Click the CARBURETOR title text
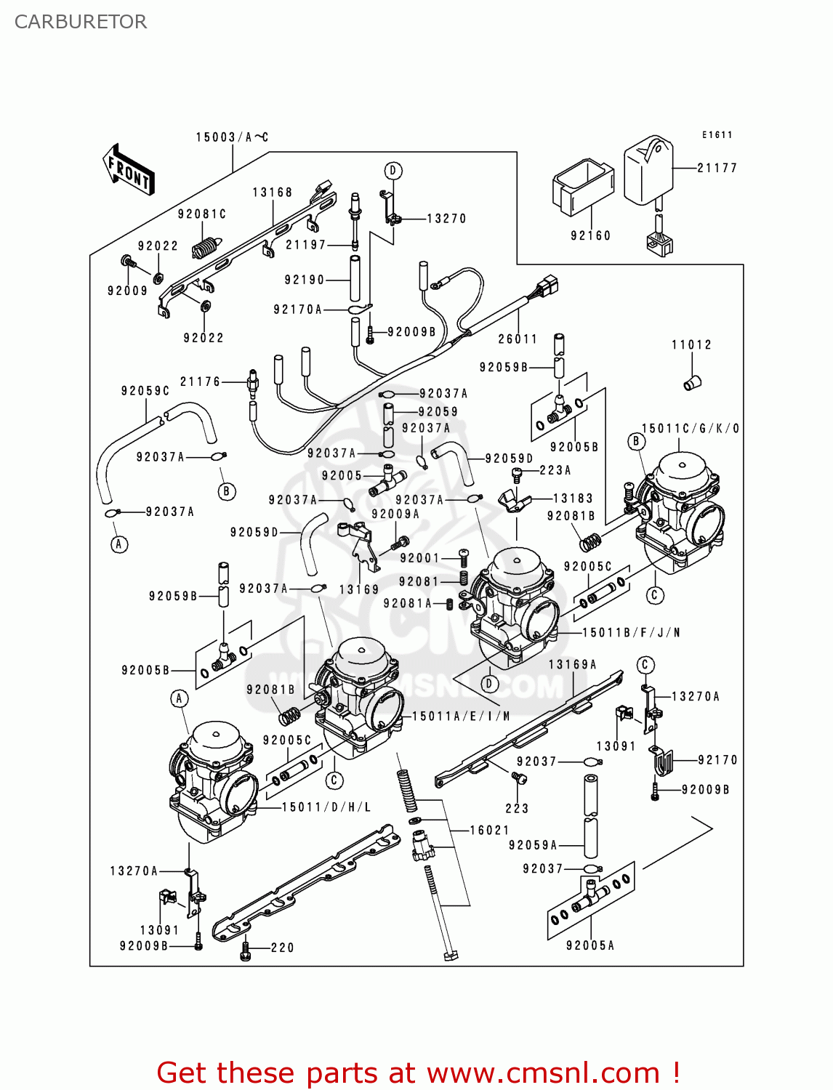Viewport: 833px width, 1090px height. coord(81,22)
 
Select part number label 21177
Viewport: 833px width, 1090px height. coord(717,168)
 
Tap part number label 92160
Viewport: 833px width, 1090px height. coord(590,235)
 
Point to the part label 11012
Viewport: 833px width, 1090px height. coord(691,344)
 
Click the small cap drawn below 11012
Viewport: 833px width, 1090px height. coord(692,382)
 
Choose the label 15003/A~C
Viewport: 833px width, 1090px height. coord(232,137)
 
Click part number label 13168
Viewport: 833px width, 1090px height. coord(273,193)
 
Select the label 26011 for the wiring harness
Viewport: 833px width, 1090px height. coord(518,339)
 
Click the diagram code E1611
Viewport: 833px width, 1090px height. coord(717,135)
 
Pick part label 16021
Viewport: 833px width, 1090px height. coord(489,830)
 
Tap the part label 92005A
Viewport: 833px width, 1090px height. coord(590,945)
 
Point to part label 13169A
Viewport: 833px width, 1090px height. coord(572,664)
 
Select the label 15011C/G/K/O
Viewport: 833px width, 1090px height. coord(691,429)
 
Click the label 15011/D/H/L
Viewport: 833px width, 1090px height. coord(326,807)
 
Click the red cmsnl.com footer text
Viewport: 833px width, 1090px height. coord(418,1073)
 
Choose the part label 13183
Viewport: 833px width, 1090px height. coord(573,498)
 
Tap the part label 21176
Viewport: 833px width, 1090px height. coord(200,381)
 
